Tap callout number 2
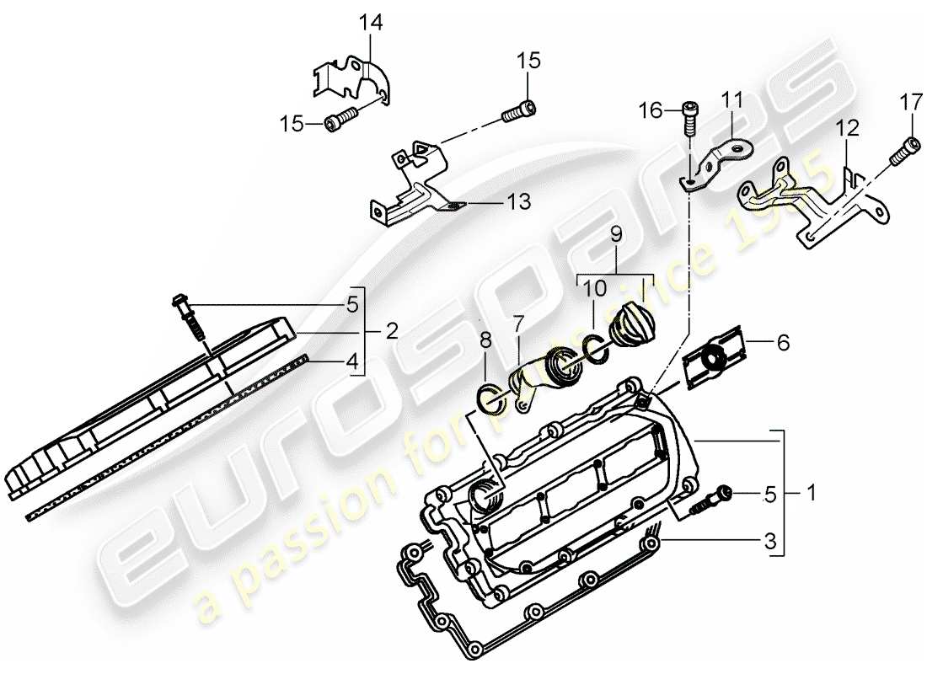click(392, 332)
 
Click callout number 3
click(769, 543)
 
